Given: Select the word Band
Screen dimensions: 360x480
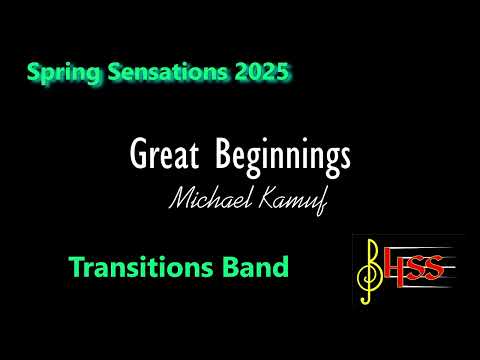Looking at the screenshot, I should point(263,267).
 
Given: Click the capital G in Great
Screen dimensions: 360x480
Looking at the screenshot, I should point(138,155).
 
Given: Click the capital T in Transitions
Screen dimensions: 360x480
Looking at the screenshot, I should point(77,267).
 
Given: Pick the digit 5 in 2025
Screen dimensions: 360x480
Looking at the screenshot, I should point(287,72).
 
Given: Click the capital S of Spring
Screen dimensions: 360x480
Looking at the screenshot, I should point(36,72).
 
